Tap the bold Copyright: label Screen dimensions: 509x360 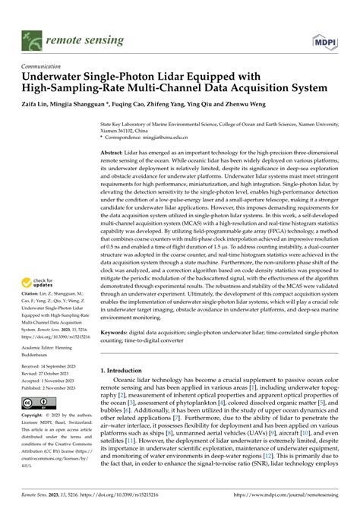(x=36, y=417)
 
